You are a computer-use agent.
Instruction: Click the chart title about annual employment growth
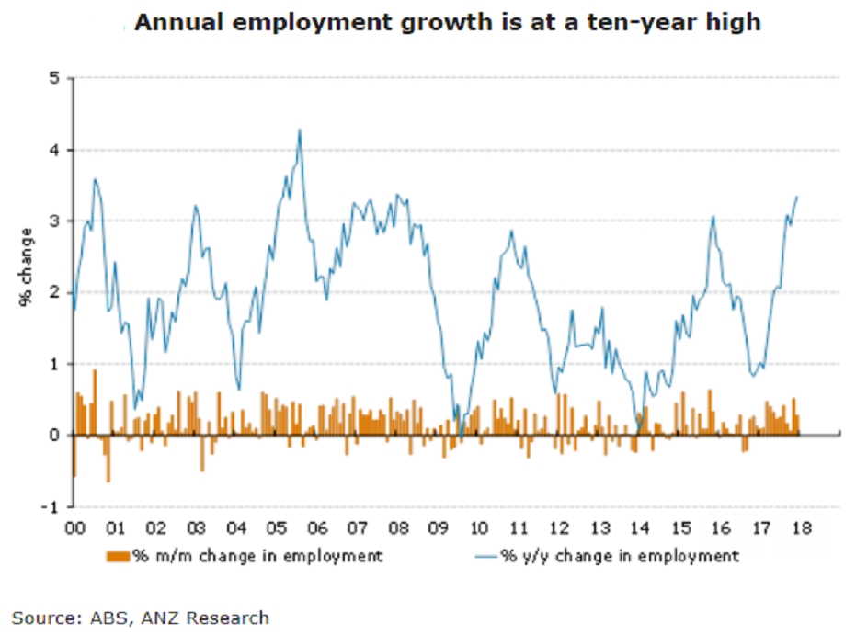(447, 22)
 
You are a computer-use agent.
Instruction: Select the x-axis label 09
(438, 529)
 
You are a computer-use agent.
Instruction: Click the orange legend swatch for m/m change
(119, 555)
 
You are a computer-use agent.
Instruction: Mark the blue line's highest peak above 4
(300, 130)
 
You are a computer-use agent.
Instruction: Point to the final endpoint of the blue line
(797, 197)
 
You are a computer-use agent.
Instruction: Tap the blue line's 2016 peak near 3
(713, 218)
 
